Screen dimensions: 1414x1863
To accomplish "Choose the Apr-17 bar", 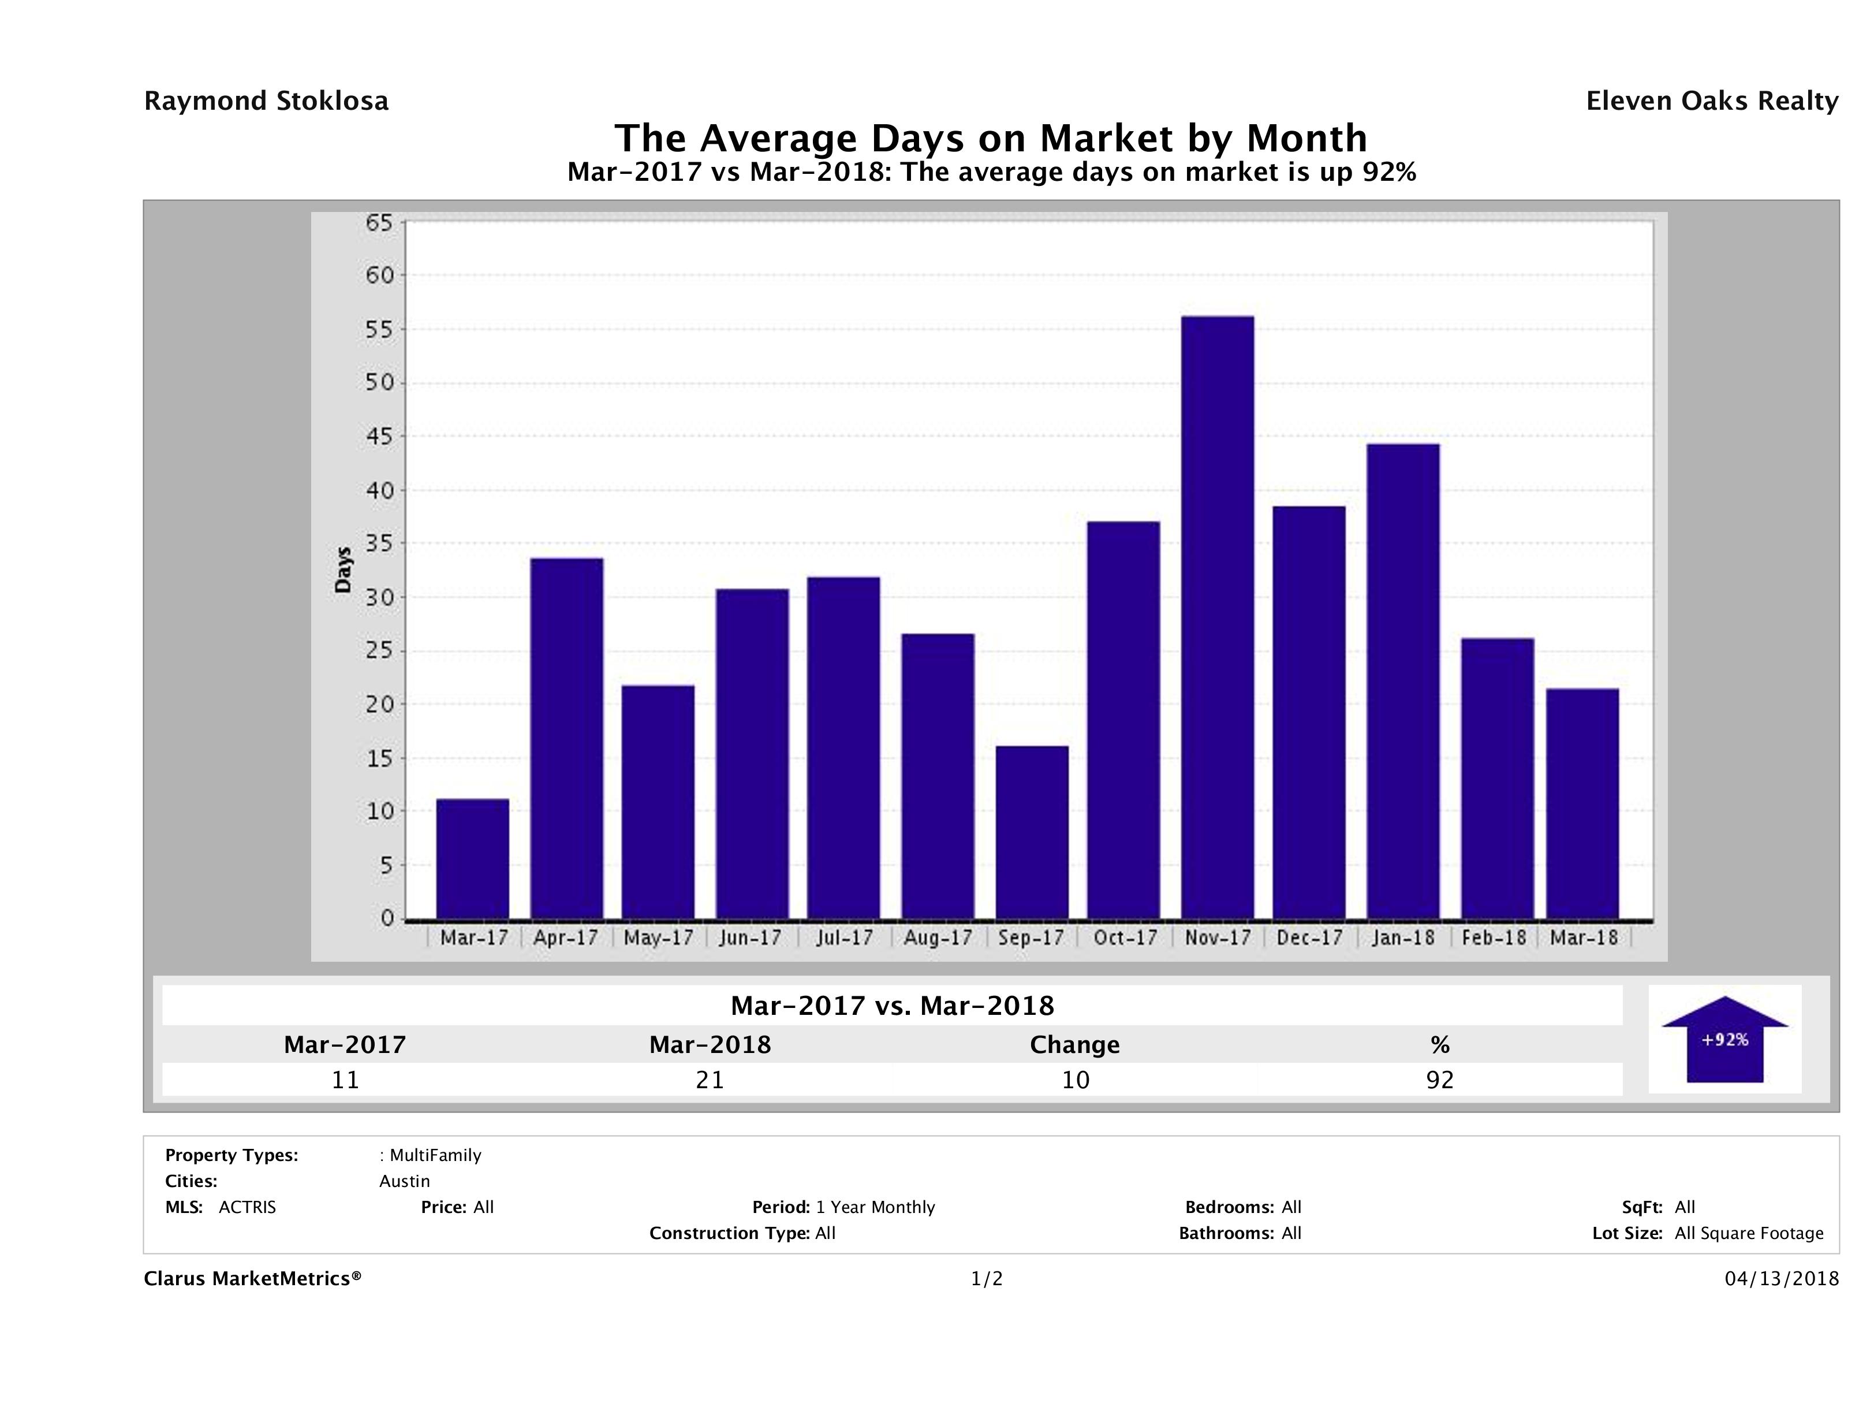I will coord(567,738).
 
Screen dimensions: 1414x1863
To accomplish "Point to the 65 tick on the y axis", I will coord(379,224).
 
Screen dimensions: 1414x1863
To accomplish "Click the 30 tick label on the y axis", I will coord(379,597).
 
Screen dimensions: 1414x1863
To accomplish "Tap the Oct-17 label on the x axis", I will coord(1125,938).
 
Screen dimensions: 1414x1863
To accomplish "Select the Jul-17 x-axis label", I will coord(844,938).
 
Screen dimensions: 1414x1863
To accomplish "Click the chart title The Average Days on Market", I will coord(991,138).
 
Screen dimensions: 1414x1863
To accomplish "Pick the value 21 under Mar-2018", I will coord(710,1080).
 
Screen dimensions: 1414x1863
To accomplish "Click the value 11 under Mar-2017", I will coord(345,1080).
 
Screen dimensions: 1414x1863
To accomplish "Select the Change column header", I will coord(1075,1045).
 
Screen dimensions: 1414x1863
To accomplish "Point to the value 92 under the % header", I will coord(1439,1080).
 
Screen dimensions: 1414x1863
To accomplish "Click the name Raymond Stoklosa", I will coord(266,101).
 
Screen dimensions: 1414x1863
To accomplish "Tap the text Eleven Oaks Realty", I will coord(1711,101).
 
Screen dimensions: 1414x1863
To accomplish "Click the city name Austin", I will coord(404,1181).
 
